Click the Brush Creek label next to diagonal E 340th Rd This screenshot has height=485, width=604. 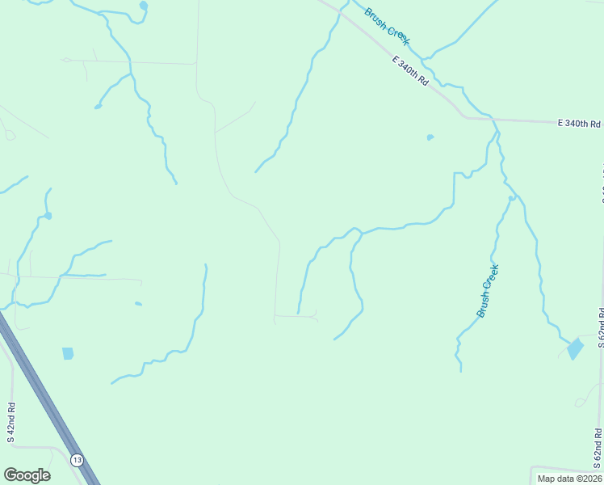click(388, 27)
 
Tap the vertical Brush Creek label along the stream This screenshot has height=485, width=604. click(488, 290)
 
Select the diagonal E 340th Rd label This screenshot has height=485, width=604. click(409, 71)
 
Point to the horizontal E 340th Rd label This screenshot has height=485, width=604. click(580, 124)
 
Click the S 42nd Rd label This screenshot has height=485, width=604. click(11, 422)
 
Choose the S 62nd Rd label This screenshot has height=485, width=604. click(600, 327)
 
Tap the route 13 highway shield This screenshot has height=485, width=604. click(77, 460)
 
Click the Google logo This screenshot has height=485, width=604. click(27, 475)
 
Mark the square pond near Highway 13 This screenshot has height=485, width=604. click(68, 353)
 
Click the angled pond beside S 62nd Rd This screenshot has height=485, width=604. click(575, 349)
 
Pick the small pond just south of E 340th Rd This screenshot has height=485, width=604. click(430, 137)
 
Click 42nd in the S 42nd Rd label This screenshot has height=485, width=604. click(11, 423)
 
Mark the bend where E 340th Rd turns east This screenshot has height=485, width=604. click(466, 116)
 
